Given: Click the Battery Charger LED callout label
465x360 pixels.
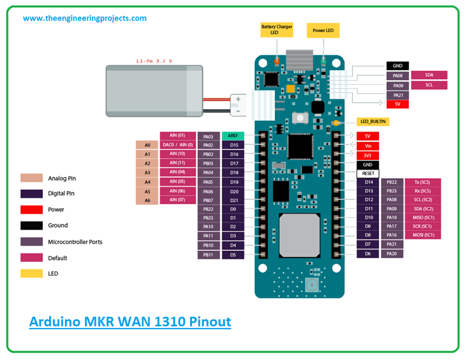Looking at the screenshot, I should pos(276,30).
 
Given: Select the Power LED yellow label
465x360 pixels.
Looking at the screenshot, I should pos(323,30).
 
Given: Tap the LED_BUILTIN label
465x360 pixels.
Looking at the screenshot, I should pos(373,121).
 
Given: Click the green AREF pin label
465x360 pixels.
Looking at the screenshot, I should pos(233,136).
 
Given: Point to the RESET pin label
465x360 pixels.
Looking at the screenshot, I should pos(368,173).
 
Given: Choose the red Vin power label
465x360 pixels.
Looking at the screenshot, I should pos(368,145).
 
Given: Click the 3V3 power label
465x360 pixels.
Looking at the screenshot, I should pos(368,155).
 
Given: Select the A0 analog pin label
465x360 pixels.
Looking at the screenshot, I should pos(147,145).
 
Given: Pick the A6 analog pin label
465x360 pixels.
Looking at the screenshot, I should pos(147,200).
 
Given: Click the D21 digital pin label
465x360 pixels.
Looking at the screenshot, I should pos(233,200).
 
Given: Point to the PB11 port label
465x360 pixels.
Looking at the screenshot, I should pos(208,255).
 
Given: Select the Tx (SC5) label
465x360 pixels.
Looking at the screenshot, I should pos(423,182).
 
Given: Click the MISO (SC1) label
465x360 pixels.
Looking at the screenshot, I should pos(423,218).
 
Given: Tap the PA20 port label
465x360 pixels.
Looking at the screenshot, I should pos(392,253).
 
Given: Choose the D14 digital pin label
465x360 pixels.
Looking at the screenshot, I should pos(368,182).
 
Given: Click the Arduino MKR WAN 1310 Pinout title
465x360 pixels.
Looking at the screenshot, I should pos(130,321).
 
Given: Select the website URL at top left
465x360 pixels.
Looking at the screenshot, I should pos(85,18).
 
